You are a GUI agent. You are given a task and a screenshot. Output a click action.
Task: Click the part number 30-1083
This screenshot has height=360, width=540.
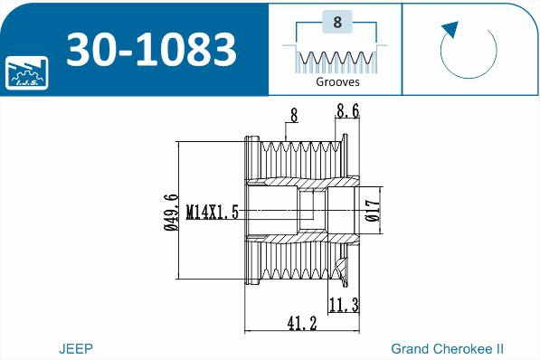[x=153, y=50]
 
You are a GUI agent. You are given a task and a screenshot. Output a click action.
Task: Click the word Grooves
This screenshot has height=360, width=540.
[x=337, y=81]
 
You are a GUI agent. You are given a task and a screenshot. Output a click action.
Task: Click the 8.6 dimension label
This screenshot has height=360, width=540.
[x=347, y=112]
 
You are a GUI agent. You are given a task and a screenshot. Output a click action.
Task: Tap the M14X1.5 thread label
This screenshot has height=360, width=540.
[x=213, y=213]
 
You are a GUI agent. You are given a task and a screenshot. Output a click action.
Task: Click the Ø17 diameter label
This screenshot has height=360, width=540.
[x=371, y=211]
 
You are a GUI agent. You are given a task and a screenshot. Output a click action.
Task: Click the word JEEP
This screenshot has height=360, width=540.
[x=76, y=348]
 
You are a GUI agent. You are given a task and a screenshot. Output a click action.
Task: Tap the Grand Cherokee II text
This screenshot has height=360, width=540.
[x=447, y=348]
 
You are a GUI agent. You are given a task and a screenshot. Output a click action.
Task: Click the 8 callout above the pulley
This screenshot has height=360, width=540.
[x=293, y=115]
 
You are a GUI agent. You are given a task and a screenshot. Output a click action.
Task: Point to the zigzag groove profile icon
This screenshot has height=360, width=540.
[x=337, y=60]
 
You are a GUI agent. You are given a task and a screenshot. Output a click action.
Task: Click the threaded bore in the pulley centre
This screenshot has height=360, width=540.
[x=312, y=211]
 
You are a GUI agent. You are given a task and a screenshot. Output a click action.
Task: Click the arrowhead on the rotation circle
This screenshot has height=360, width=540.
[x=447, y=29]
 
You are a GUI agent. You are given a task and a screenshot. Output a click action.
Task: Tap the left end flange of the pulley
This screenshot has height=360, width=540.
[x=251, y=210]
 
